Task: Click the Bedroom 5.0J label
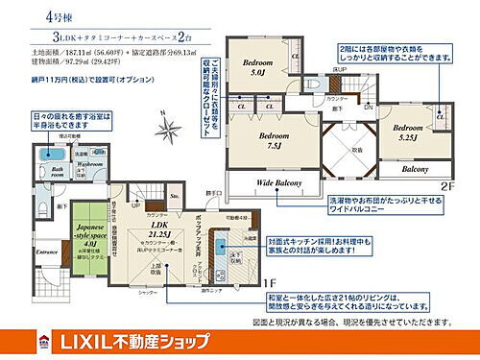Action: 258,67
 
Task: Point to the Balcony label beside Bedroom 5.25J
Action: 415,169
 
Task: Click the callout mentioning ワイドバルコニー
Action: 340,204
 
